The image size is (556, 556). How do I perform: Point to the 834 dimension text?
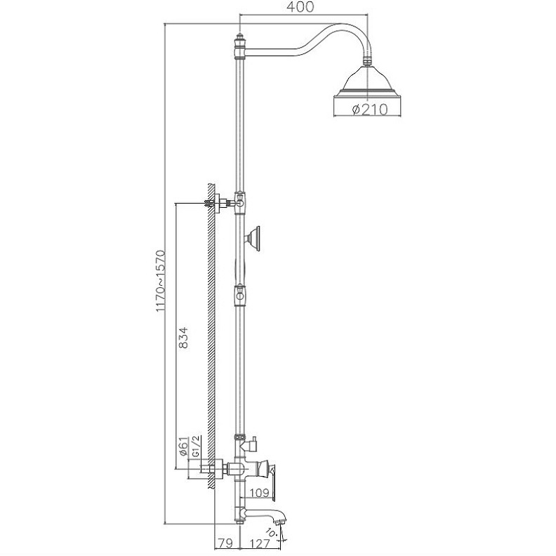click(x=184, y=339)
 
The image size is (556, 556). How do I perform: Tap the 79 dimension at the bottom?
click(x=225, y=542)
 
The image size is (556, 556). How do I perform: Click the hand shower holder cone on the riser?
click(x=255, y=239)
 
